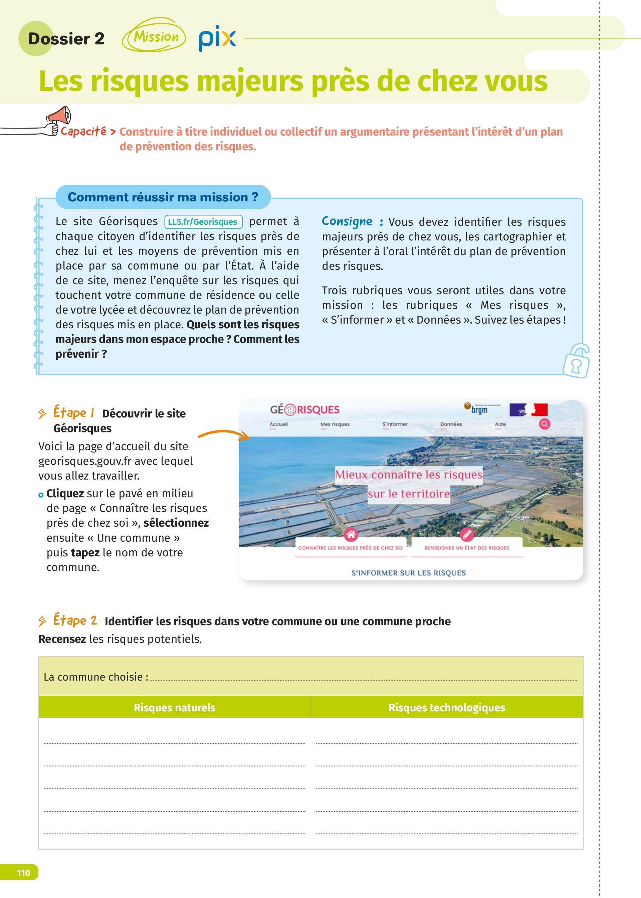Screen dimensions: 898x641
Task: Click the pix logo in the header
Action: tap(217, 38)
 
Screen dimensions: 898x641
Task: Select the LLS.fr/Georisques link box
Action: tap(203, 222)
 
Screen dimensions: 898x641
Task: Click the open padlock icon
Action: tap(576, 361)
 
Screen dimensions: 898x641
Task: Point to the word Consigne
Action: tap(347, 221)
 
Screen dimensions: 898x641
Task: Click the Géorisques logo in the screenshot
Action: tap(304, 410)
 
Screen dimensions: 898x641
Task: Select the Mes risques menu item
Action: tap(335, 424)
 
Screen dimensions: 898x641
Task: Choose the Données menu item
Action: tap(451, 424)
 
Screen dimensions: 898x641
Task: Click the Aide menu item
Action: tap(500, 424)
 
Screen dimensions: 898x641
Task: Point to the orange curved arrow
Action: tap(223, 434)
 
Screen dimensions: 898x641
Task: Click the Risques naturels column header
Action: tap(175, 707)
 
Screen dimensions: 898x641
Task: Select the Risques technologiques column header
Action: tap(446, 707)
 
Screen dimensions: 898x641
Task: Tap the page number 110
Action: tap(23, 872)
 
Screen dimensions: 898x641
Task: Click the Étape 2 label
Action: tap(75, 620)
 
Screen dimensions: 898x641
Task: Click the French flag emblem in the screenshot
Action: tap(528, 410)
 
